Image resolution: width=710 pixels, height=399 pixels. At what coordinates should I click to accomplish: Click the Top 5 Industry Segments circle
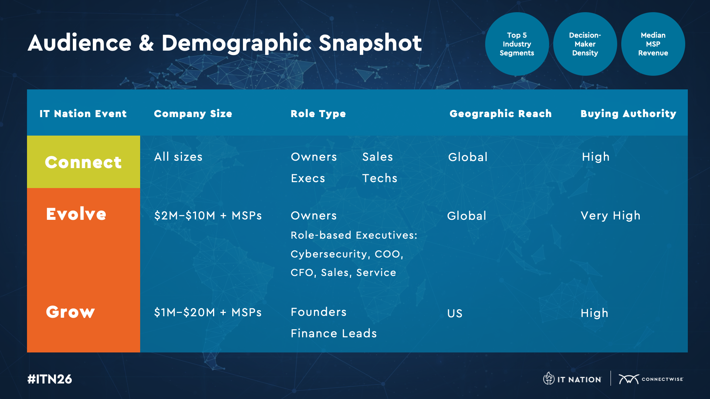point(517,44)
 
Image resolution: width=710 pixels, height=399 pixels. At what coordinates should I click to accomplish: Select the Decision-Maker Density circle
point(585,44)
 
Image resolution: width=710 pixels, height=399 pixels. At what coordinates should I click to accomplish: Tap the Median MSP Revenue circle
point(653,44)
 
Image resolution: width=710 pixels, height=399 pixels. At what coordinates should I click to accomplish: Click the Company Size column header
point(193,114)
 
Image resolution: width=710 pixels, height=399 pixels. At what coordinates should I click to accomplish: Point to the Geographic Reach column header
point(500,114)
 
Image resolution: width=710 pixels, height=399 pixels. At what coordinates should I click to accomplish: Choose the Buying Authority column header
point(628,114)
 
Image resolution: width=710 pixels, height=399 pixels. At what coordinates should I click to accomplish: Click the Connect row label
point(83,162)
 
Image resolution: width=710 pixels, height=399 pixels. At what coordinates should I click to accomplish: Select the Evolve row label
point(76,214)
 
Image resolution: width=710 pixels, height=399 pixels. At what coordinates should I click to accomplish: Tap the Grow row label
point(70,312)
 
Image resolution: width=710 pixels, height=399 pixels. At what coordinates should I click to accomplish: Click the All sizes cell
point(178,157)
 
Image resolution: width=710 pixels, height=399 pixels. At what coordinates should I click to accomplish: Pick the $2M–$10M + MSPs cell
point(208,215)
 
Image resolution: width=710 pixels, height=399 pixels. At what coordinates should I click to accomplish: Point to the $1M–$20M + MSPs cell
point(208,312)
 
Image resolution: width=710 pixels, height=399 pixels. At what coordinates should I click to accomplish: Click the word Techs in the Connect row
point(380,178)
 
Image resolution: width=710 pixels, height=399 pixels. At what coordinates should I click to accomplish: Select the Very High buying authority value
point(611,215)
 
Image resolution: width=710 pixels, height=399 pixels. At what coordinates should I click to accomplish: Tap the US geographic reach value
point(455,313)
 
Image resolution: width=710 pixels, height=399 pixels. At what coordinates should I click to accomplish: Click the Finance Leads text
point(334,333)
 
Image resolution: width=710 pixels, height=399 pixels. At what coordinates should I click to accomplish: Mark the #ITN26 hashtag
point(50,379)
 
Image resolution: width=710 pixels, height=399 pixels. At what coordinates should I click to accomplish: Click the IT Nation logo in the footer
point(572,379)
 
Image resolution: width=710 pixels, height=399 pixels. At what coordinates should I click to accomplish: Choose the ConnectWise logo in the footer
point(651,379)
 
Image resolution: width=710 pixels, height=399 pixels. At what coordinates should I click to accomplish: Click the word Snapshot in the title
point(370,43)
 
